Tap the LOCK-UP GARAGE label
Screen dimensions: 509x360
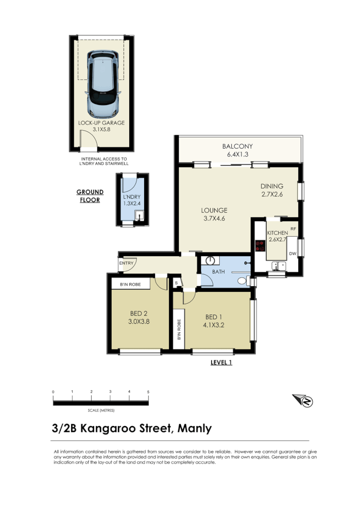(x=101, y=123)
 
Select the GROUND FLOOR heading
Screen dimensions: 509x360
(x=90, y=196)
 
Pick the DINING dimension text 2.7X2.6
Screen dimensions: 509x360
(x=272, y=195)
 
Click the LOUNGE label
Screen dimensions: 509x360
(x=214, y=210)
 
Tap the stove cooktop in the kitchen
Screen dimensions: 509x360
(x=260, y=244)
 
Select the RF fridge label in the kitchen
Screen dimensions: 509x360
(x=293, y=229)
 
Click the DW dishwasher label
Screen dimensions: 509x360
(x=293, y=254)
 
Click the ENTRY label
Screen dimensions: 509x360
(x=126, y=264)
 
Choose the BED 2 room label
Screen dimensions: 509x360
(x=139, y=312)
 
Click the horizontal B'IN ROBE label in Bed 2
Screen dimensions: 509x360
(x=131, y=284)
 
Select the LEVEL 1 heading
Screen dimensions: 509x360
(x=221, y=362)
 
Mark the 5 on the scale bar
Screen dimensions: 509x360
(x=148, y=392)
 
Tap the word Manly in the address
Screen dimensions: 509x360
(x=194, y=428)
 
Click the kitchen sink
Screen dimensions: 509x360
(x=278, y=266)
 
